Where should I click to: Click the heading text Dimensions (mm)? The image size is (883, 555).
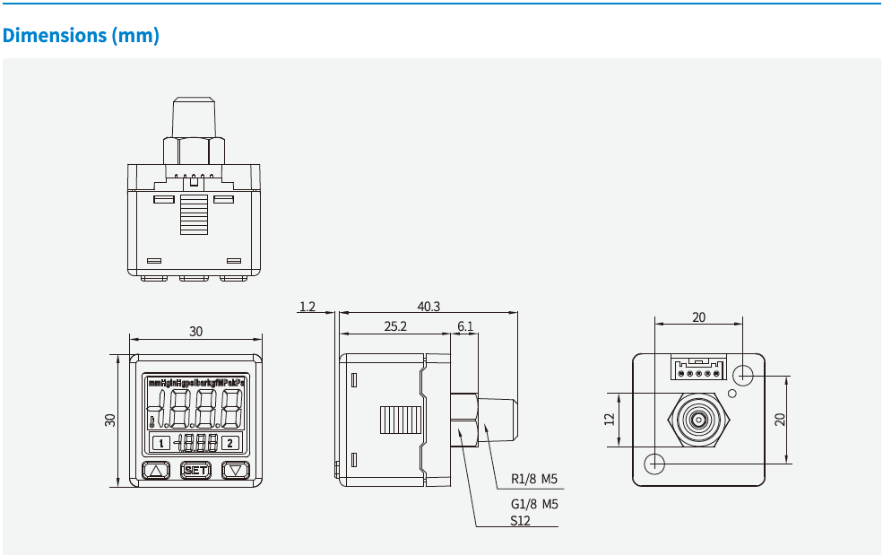coord(81,36)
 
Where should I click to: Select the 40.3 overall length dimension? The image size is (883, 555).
coord(429,306)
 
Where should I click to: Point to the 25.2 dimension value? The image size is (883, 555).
coord(395,326)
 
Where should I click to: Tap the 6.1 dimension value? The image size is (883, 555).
coord(464,326)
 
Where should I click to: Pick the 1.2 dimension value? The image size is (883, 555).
coord(307,307)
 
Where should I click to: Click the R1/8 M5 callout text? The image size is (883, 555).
coord(534,479)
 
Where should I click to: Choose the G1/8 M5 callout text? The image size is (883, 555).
coord(534,504)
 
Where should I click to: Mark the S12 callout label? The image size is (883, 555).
coord(521,520)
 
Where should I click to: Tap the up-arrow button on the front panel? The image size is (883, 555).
coord(157,470)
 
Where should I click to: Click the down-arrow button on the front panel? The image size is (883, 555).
coord(235,470)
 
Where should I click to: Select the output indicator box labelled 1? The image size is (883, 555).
coord(160,442)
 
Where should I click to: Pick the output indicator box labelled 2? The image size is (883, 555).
coord(230,442)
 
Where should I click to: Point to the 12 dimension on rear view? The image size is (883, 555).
coord(610,419)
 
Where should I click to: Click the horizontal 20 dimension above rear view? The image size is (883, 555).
coord(698,317)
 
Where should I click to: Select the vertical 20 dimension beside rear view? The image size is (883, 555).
coord(780,419)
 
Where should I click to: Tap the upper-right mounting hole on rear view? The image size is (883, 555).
coord(743,373)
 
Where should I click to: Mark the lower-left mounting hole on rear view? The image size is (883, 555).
coord(655,463)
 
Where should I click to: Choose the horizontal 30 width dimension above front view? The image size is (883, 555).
coord(195,331)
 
